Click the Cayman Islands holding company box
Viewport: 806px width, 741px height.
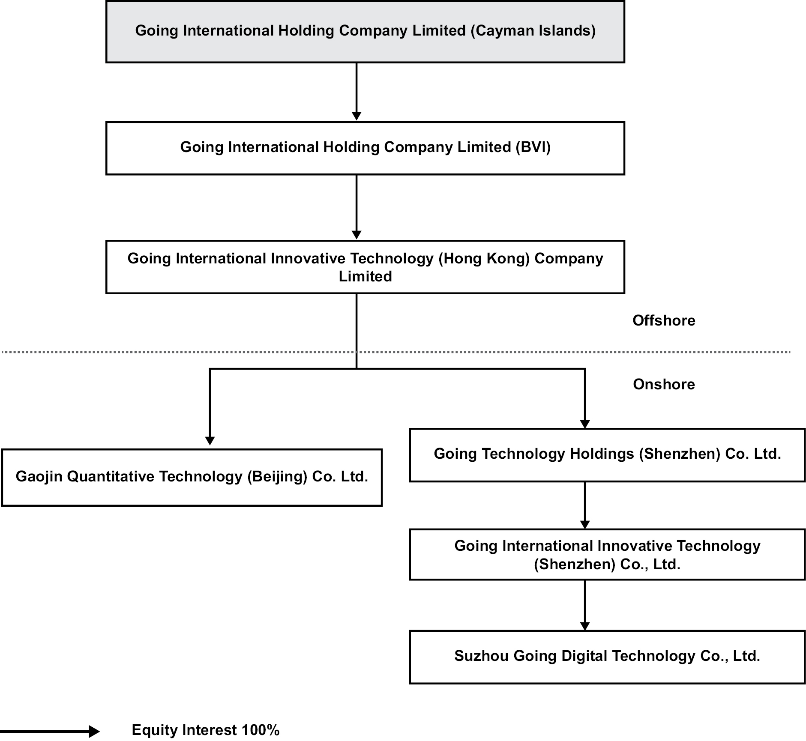365,32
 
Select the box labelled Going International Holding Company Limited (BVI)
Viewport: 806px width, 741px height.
365,148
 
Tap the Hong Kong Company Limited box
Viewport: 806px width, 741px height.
365,267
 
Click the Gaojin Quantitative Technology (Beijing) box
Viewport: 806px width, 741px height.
192,477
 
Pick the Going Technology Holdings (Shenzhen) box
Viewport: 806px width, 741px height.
607,454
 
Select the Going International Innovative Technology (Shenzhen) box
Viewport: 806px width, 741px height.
607,554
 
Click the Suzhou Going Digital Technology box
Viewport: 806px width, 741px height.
607,656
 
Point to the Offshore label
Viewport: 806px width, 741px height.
663,320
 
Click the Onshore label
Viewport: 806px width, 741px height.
663,384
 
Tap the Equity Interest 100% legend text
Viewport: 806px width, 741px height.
205,730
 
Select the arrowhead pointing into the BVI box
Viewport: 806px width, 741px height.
357,116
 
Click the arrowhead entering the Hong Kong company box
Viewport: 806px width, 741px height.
357,235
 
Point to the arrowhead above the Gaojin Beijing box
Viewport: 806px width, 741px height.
210,441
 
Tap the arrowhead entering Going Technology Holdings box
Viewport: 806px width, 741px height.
585,424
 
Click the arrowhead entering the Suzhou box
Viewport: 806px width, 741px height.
585,626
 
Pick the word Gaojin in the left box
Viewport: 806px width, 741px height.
39,477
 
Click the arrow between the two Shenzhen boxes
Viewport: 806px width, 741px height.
585,505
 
